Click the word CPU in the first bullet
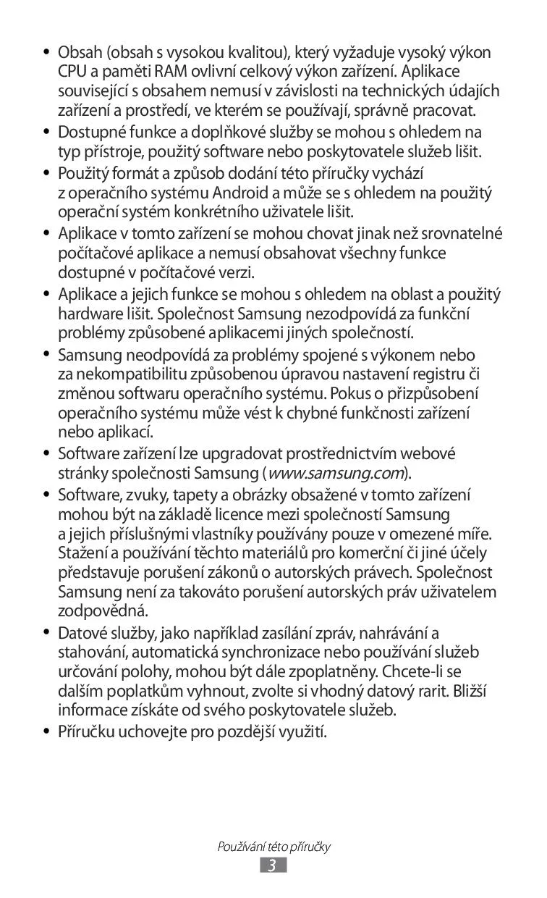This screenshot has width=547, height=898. point(72,72)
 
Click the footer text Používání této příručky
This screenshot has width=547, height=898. point(273,847)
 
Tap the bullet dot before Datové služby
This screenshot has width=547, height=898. point(46,633)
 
